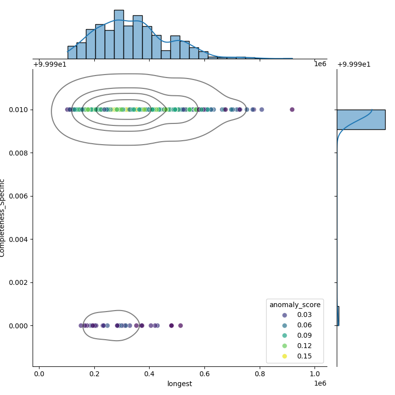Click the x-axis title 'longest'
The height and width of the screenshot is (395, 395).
180,384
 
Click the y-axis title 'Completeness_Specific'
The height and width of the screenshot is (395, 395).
3,218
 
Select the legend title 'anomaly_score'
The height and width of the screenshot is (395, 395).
295,305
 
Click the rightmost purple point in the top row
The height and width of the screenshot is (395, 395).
292,110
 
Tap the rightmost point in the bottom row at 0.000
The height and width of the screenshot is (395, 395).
180,325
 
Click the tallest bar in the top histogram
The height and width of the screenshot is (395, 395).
118,34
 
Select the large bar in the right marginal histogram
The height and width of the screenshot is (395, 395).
360,119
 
